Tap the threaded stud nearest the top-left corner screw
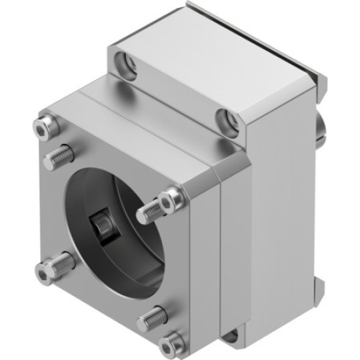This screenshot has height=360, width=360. click(x=61, y=154)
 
